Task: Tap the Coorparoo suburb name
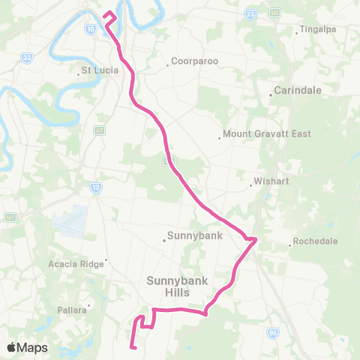[x=193, y=61]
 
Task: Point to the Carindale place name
[x=298, y=90]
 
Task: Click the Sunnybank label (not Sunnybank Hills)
[x=190, y=235]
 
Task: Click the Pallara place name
[x=73, y=309]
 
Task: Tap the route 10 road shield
[x=90, y=28]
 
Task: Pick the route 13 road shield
[x=95, y=187]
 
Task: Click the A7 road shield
[x=98, y=130]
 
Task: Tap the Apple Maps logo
[x=27, y=347]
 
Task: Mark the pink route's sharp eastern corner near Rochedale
[x=256, y=239]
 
